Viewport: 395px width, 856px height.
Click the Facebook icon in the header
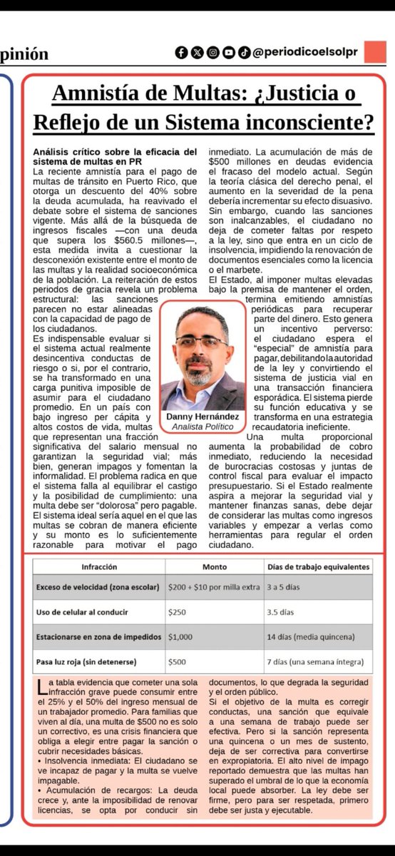pyautogui.click(x=182, y=53)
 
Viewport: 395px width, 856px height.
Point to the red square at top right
pyautogui.click(x=374, y=52)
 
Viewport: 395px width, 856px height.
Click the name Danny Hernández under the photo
pyautogui.click(x=202, y=417)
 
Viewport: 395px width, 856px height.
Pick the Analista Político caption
pyautogui.click(x=202, y=427)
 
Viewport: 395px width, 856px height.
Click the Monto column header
pyautogui.click(x=213, y=567)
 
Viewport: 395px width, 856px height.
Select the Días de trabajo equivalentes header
pyautogui.click(x=319, y=567)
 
